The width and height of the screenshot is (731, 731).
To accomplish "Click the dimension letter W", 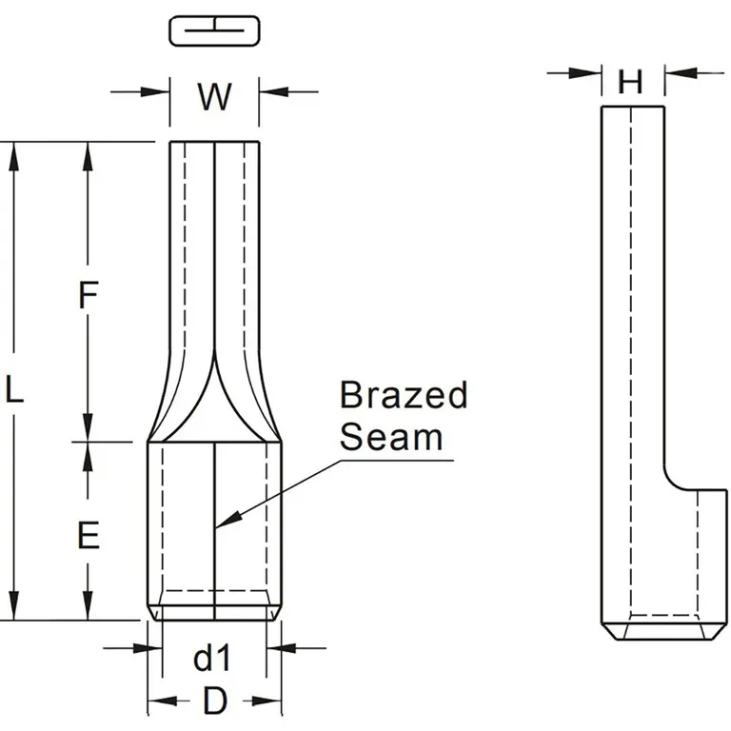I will pos(214,95).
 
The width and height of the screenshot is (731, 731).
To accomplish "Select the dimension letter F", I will pos(88,296).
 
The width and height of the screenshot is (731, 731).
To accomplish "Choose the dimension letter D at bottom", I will pos(215,701).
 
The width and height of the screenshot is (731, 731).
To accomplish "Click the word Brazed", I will pos(404,395).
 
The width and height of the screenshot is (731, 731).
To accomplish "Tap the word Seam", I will pos(391,437).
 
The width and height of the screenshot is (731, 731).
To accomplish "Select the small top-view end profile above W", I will pos(214,30).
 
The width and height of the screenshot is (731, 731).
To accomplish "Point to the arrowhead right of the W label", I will pos(269,91).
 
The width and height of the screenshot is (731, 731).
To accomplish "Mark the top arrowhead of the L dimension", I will pos(13,152).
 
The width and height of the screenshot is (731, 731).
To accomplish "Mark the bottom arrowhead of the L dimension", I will pos(13,610).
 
